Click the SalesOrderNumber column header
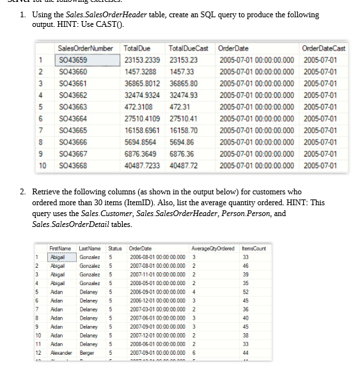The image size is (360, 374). tap(85, 49)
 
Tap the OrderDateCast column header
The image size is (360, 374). tap(322, 49)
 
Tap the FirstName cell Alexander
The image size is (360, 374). tap(62, 354)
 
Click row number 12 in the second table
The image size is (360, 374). tap(37, 354)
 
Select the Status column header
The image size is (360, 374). tap(115, 248)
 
